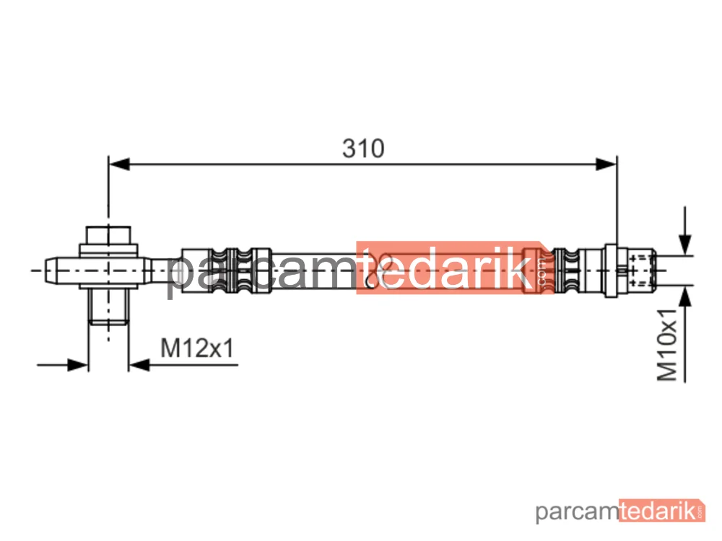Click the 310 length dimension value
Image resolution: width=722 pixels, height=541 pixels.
363,149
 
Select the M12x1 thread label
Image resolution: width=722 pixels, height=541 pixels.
197,348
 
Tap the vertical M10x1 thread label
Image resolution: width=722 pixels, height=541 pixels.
667,345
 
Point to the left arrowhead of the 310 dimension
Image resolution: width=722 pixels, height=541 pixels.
119,164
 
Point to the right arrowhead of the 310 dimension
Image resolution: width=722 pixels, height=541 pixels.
606,164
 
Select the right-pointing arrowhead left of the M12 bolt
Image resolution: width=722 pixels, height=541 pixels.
78,365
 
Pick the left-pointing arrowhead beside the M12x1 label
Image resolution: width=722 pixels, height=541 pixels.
139,365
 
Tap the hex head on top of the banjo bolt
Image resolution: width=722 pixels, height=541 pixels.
109,235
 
